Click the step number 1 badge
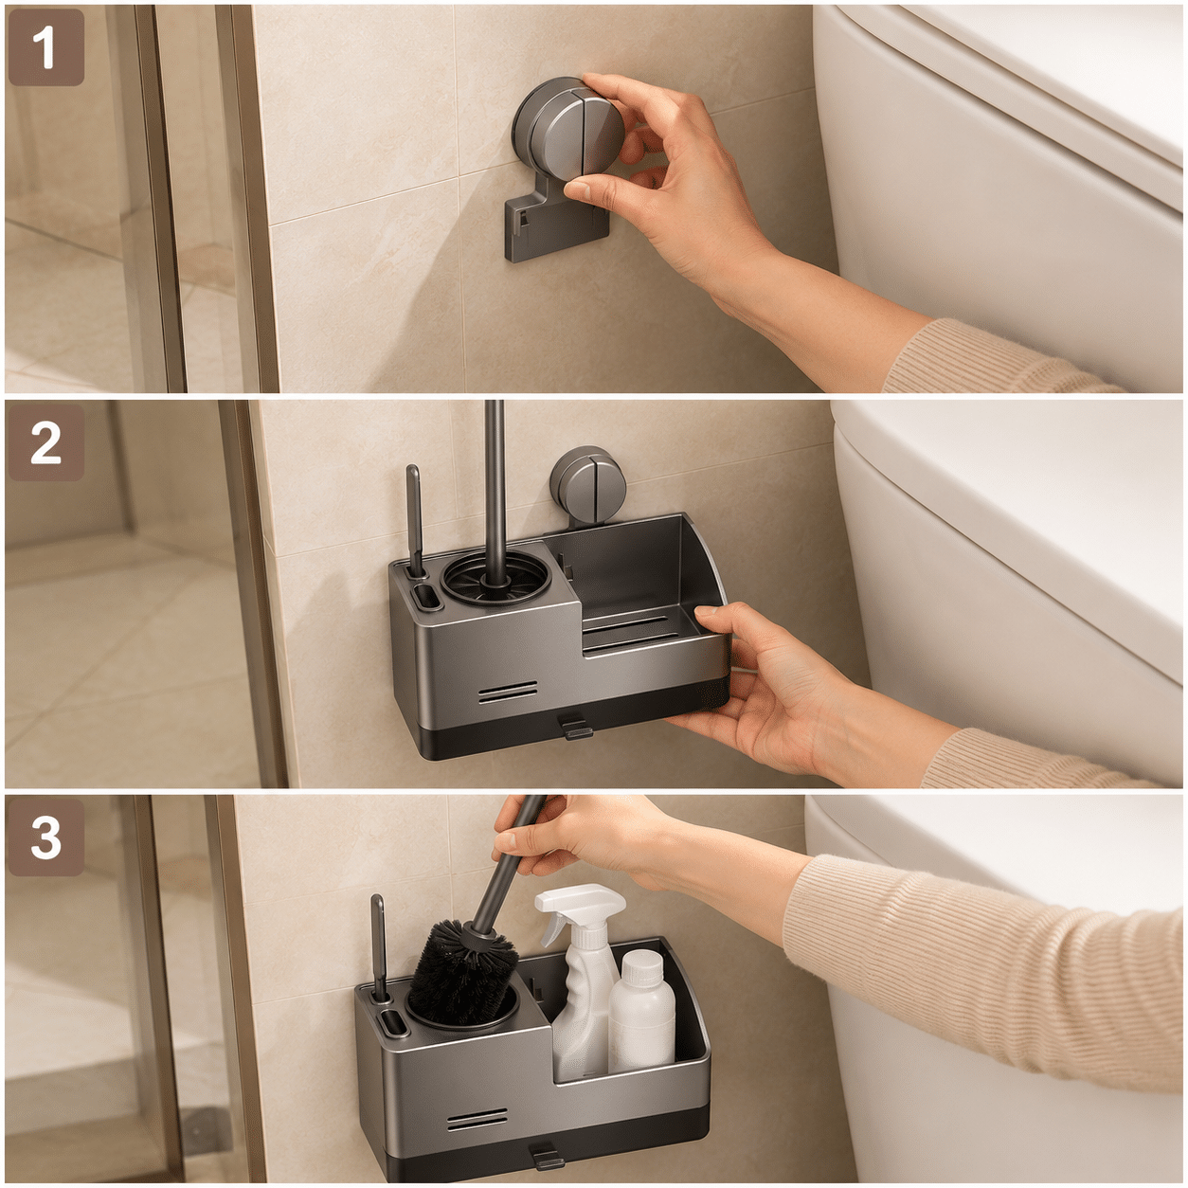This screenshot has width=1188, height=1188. pyautogui.click(x=46, y=47)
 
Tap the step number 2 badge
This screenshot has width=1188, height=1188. pyautogui.click(x=46, y=442)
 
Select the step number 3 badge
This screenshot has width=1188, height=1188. pyautogui.click(x=46, y=837)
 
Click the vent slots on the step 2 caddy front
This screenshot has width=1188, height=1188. pyautogui.click(x=507, y=693)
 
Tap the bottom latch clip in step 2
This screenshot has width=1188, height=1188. pyautogui.click(x=573, y=726)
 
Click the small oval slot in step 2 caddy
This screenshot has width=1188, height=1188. pyautogui.click(x=424, y=598)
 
